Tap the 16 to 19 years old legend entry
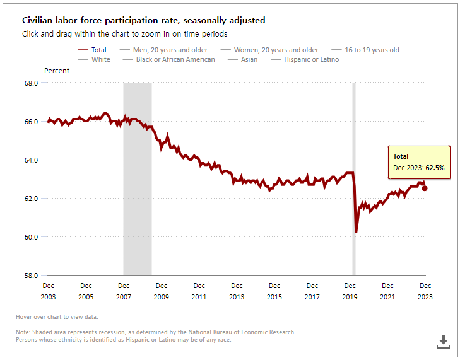372,50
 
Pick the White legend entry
100,59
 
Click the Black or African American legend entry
175,59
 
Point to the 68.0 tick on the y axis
31,83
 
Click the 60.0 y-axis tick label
31,237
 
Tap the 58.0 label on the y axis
31,276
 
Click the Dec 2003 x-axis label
48,291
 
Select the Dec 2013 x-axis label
237,291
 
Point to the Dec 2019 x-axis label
350,291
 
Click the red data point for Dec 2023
425,188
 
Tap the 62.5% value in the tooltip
435,168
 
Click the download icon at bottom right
443,341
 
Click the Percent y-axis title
57,71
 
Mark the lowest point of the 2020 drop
356,232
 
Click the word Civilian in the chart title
38,21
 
